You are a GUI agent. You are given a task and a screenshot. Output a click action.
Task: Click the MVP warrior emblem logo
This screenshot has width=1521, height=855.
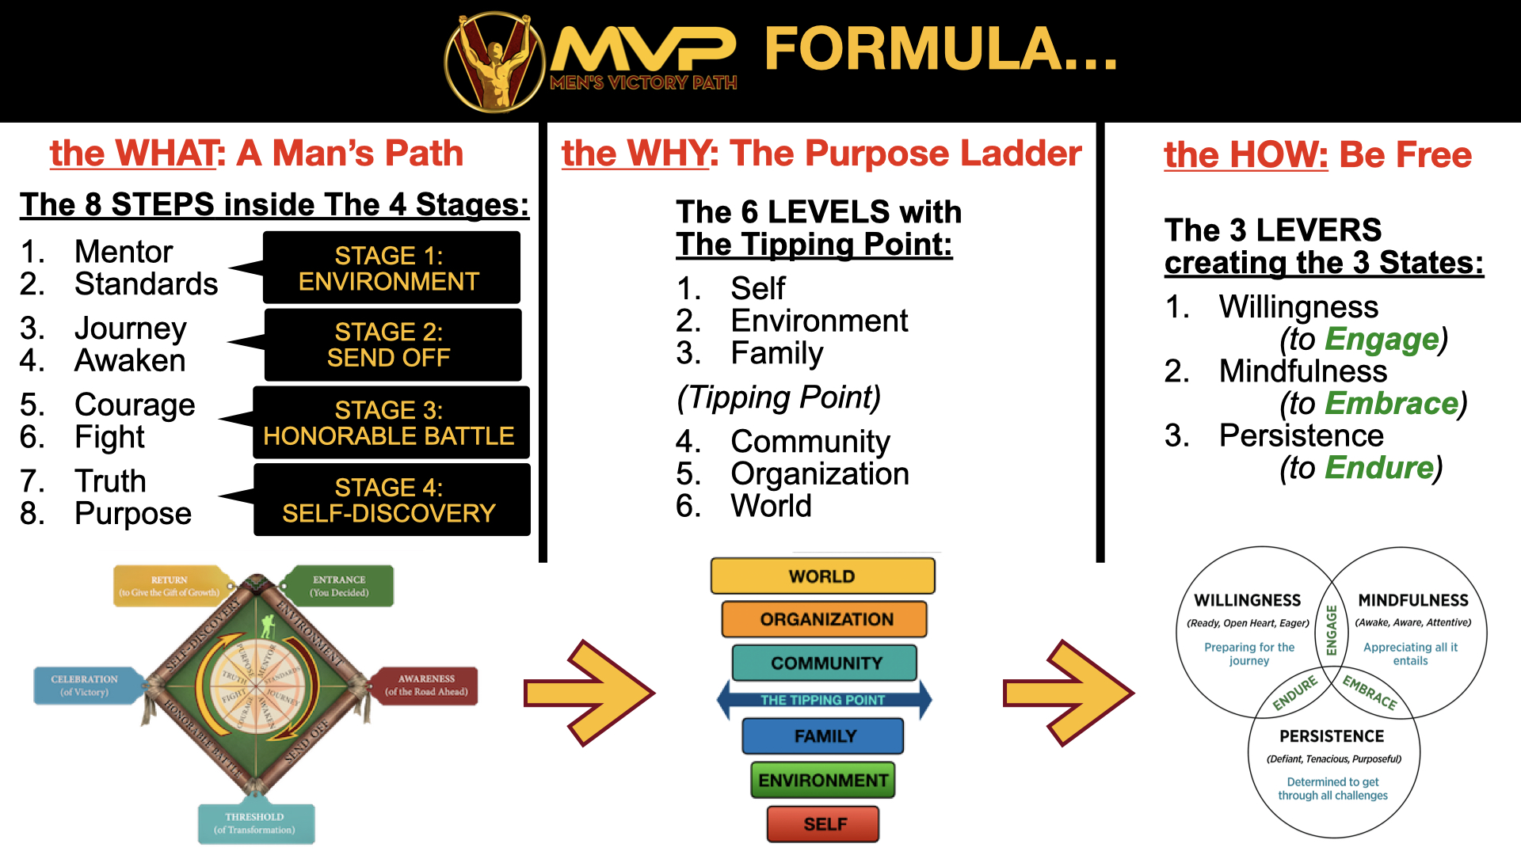click(494, 62)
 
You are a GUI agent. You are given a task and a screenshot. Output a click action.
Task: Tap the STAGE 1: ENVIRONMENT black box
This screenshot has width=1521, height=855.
click(391, 268)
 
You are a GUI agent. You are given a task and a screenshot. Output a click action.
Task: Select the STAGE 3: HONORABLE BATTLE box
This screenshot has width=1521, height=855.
click(391, 423)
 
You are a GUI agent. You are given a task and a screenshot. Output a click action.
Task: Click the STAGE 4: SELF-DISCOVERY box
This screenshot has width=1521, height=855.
click(391, 500)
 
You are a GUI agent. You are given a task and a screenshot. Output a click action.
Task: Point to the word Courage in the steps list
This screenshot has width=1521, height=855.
click(135, 405)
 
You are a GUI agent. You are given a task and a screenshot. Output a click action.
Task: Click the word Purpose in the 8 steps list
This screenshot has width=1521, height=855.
click(133, 514)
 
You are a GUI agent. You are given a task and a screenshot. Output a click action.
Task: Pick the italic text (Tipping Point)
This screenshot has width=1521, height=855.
click(779, 397)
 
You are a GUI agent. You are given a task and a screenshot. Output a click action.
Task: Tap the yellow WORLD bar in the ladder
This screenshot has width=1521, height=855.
click(822, 576)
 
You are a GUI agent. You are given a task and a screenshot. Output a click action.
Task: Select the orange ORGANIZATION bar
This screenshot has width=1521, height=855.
click(825, 619)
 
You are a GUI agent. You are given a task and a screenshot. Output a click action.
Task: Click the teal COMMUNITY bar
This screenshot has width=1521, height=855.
click(825, 663)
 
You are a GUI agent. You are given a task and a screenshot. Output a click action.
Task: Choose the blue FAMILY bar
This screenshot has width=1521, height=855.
click(823, 736)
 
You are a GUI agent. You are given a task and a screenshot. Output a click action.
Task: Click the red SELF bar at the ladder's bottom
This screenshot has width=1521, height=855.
click(823, 824)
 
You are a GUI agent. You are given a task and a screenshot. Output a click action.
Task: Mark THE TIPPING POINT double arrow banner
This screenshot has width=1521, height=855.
click(823, 700)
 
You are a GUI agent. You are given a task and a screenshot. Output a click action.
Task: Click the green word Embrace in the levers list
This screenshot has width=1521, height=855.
click(1391, 404)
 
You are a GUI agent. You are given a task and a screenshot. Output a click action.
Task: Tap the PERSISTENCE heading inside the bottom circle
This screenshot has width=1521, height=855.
click(1332, 736)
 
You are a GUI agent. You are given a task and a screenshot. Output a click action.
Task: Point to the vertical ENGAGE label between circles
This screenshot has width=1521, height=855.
click(1332, 631)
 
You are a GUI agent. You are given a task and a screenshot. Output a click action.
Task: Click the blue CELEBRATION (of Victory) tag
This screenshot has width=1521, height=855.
click(85, 686)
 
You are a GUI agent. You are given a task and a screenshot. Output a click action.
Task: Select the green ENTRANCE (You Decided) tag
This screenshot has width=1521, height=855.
click(340, 586)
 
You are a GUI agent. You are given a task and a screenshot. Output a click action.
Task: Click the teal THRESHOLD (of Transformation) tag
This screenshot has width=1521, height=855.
click(255, 823)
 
